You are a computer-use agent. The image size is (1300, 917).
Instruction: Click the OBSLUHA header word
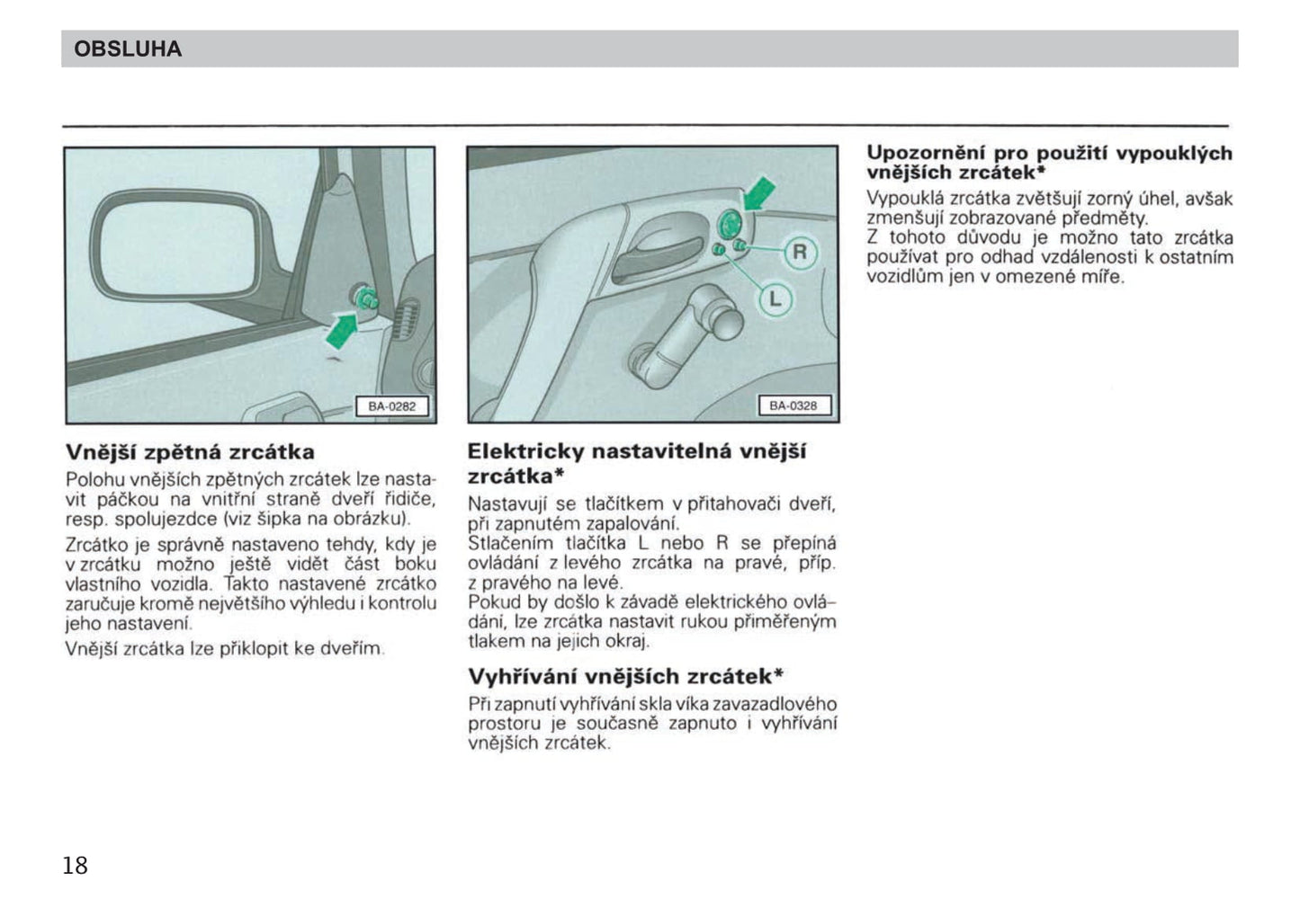(127, 49)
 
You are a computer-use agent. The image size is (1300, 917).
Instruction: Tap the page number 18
(75, 865)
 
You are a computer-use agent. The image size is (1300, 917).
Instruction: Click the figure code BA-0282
(391, 406)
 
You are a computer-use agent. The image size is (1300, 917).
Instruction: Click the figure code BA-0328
(793, 406)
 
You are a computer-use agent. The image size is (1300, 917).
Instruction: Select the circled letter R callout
(799, 253)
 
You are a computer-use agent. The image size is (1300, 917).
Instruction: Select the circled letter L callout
(775, 298)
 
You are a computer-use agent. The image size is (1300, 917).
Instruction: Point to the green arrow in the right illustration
(758, 192)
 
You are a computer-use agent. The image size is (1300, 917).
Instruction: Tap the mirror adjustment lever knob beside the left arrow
(366, 297)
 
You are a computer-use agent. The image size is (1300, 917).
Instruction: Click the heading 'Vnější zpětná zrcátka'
(190, 451)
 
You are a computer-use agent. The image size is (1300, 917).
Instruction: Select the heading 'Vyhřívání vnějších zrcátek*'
(625, 676)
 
